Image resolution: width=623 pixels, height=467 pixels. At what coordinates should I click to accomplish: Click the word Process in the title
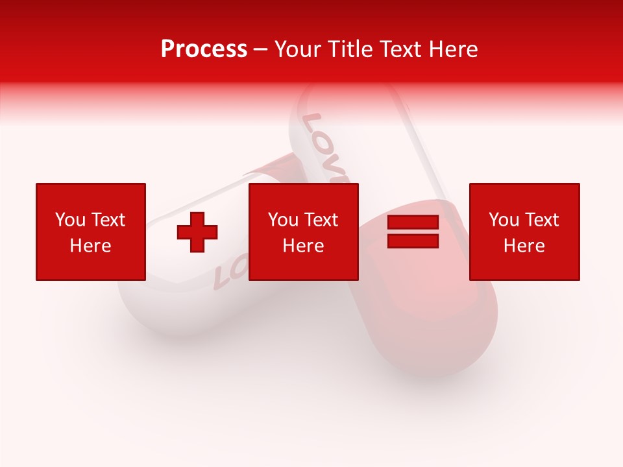(x=204, y=49)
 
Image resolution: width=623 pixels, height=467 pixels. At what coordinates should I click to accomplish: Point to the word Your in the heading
(x=299, y=49)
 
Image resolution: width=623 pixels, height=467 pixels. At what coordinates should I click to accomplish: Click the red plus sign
(x=197, y=232)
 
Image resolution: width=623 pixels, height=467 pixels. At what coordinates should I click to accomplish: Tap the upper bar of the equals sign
(x=413, y=223)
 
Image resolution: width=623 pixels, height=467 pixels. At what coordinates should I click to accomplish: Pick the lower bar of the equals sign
(x=413, y=241)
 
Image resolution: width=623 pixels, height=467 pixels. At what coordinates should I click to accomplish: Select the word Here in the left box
(x=90, y=246)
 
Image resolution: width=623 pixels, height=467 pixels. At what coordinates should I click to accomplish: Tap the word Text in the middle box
(x=320, y=220)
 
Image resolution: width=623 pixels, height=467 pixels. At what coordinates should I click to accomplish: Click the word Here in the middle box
(x=303, y=246)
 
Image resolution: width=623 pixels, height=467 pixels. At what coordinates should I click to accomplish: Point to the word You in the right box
(x=504, y=220)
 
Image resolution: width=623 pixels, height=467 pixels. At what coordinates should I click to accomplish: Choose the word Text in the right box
(x=541, y=220)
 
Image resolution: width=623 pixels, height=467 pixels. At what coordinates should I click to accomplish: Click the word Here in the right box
(x=524, y=246)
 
